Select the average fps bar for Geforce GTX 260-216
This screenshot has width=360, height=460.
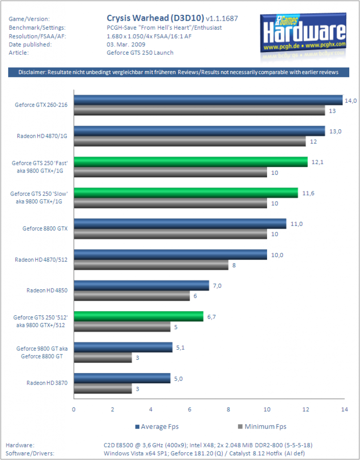pos(208,100)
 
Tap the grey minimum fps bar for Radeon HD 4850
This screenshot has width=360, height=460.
pos(132,296)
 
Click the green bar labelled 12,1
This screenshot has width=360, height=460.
pos(191,162)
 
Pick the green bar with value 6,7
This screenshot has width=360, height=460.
pos(139,317)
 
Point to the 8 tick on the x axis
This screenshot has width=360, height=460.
pos(228,409)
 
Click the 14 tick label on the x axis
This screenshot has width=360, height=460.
pos(344,409)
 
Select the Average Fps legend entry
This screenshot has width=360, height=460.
pos(157,427)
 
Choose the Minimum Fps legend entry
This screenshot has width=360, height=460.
pos(262,427)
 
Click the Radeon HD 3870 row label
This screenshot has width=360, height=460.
pos(47,383)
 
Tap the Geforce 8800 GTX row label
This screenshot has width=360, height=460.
pos(45,229)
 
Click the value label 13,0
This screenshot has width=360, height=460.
pos(335,132)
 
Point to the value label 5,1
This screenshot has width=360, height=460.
pos(180,348)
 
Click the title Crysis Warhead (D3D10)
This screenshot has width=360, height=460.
pos(155,18)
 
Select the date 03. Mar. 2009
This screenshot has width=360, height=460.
pos(126,44)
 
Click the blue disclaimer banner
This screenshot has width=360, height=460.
pos(179,72)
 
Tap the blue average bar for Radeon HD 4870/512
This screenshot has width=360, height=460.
pos(170,255)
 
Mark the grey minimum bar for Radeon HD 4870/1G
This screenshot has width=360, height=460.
pos(190,142)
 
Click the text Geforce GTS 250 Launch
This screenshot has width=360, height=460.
pos(140,53)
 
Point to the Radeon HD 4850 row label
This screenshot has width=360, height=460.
pos(47,291)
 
